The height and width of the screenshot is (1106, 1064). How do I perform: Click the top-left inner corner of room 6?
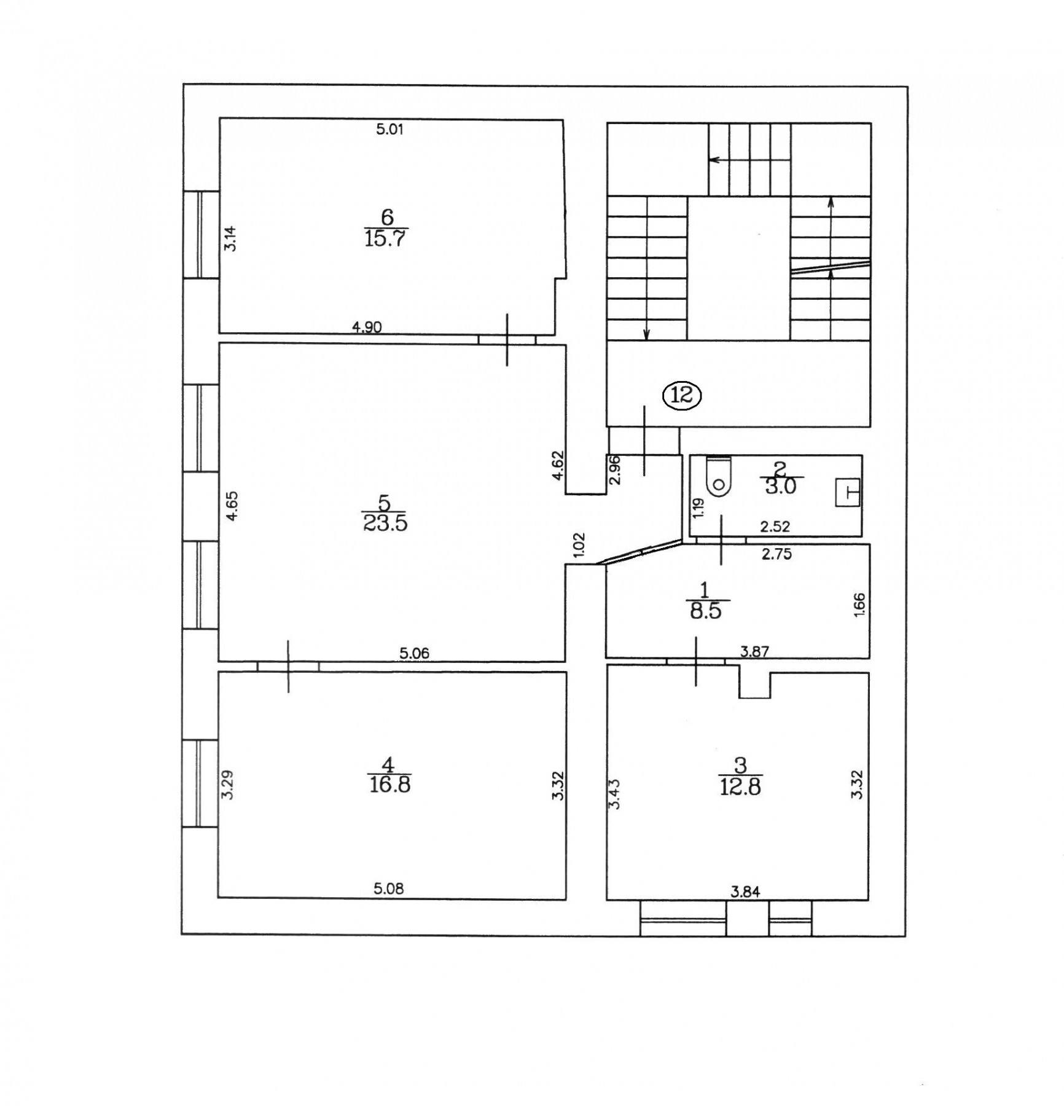coord(220,119)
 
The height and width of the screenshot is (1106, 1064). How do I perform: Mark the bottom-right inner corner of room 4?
coord(566,900)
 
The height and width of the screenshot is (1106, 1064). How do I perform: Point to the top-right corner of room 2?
coord(863,455)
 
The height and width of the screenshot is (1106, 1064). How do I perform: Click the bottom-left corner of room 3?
coord(607,900)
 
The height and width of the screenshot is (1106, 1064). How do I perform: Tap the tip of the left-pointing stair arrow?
coord(710,160)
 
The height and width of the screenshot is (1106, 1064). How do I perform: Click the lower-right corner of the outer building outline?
coord(906,936)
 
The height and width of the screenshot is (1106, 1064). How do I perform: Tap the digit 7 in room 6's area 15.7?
coord(402,238)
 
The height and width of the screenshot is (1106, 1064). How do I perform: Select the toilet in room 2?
coord(718,476)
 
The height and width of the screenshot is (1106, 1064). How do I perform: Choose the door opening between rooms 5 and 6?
coord(507,339)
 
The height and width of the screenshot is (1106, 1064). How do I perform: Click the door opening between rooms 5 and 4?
coord(288,666)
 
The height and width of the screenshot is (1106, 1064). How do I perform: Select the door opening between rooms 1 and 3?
coord(696,661)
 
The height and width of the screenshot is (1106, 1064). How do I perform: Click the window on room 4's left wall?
coord(200,783)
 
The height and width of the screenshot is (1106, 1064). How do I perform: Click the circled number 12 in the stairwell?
coord(682,396)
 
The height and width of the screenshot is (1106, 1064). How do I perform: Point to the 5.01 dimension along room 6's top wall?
coord(389,130)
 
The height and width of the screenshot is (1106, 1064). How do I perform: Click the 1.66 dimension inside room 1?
coord(859,605)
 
